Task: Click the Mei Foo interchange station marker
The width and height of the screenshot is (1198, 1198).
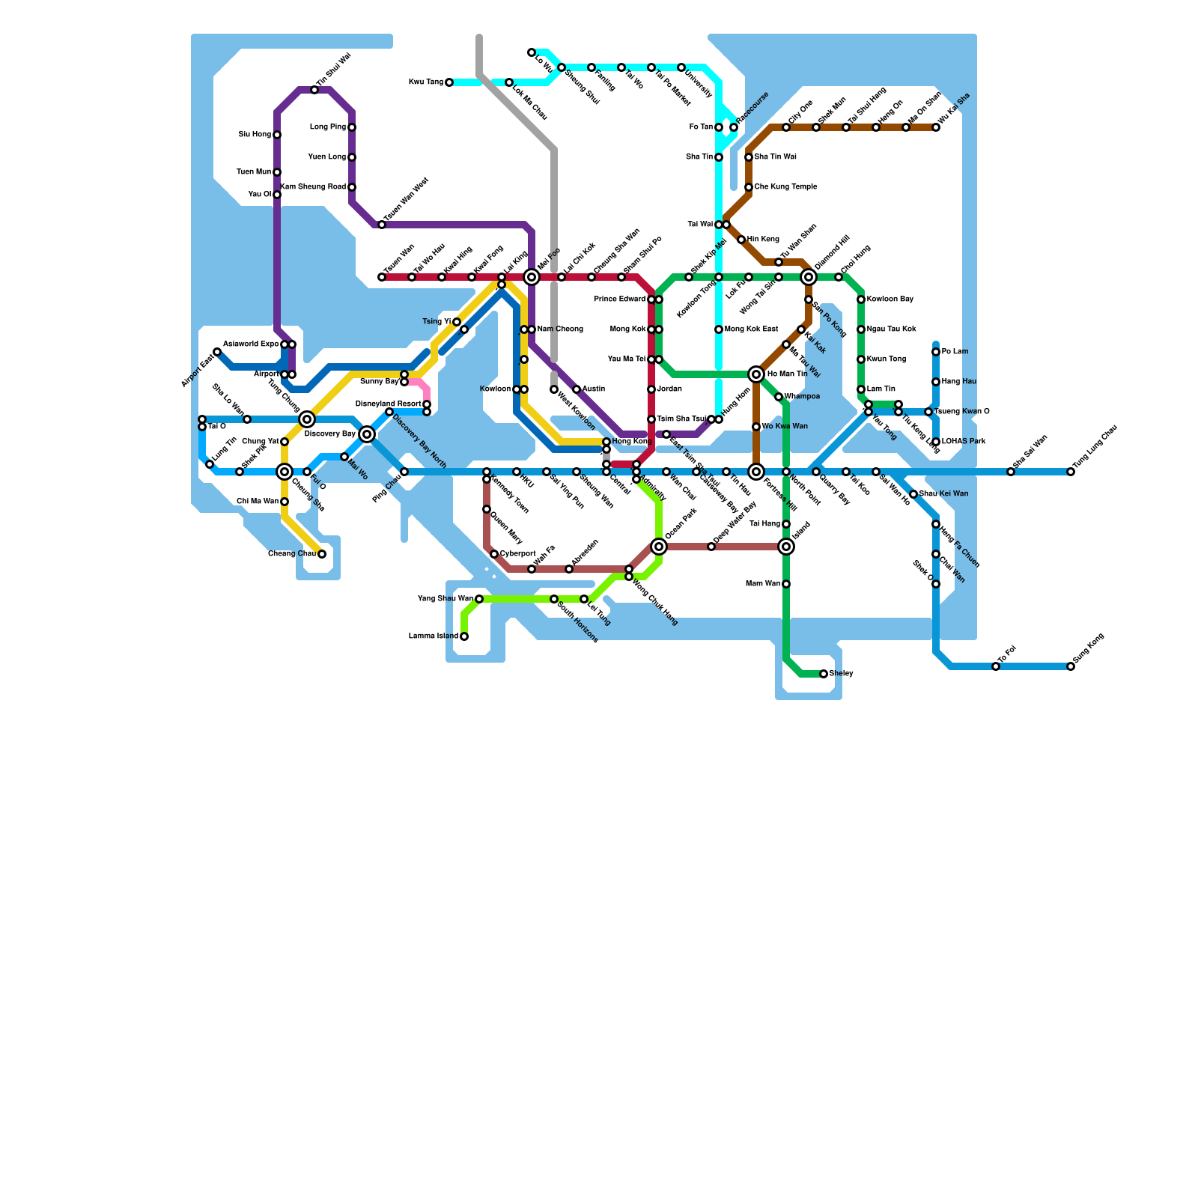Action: [x=532, y=277]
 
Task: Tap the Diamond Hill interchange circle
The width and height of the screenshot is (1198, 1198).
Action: [x=809, y=277]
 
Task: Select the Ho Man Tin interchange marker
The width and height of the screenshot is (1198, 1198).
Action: [x=756, y=374]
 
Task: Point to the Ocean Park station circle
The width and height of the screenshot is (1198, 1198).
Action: [x=659, y=547]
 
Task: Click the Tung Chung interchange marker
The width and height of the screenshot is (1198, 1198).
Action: [x=307, y=419]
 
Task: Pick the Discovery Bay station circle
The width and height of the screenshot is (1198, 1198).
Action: [x=367, y=434]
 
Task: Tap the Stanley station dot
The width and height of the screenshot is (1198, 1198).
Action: [x=824, y=674]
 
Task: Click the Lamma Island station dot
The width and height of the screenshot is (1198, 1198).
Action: [x=464, y=636]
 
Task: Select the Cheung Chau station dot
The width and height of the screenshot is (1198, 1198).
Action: [x=322, y=554]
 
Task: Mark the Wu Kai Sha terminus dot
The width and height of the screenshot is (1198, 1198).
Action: [x=936, y=127]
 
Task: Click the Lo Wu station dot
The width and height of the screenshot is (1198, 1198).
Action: [x=532, y=52]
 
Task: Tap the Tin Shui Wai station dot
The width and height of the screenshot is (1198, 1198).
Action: [x=314, y=90]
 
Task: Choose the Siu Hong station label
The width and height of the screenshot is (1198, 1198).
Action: [x=255, y=135]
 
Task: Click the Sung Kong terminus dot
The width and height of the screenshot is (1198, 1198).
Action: [x=1071, y=666]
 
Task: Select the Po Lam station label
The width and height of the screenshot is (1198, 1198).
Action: [x=955, y=352]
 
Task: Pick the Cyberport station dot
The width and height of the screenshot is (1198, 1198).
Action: [x=494, y=554]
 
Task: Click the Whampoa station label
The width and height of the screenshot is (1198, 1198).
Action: [x=802, y=397]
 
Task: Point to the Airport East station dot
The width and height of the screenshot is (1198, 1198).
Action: [x=217, y=352]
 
